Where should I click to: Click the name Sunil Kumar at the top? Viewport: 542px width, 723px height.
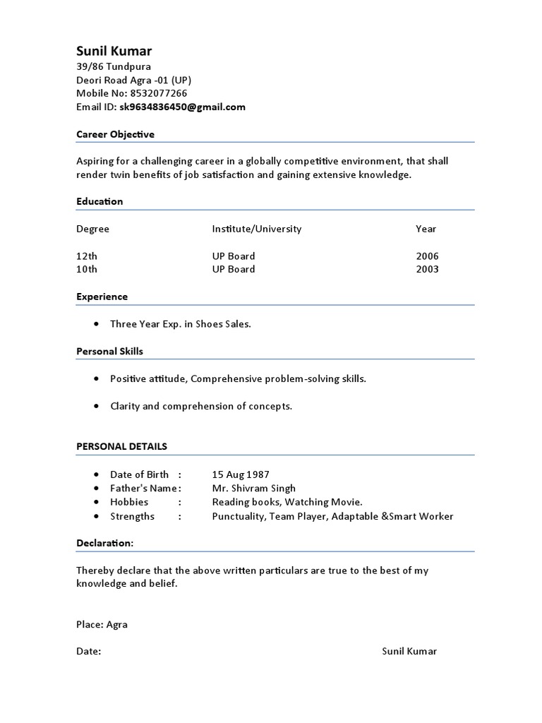[114, 52]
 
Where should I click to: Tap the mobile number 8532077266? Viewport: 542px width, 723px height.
[159, 94]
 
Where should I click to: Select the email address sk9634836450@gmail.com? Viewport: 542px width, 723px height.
[183, 107]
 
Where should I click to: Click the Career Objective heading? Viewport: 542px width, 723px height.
[115, 134]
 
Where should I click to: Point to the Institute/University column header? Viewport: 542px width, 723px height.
[256, 229]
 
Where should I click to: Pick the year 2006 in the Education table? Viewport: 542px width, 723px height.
[427, 256]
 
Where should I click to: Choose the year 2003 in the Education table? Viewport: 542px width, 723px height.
[427, 269]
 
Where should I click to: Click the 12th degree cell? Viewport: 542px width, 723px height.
[87, 256]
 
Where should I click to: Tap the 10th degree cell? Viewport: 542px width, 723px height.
[87, 269]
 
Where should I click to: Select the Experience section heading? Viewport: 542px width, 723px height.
[102, 297]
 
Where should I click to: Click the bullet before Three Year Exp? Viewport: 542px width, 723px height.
[96, 324]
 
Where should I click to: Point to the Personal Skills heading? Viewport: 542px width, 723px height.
[109, 351]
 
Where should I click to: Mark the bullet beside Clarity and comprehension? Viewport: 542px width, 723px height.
[96, 406]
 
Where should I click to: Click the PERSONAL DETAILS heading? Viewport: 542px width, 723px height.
[121, 447]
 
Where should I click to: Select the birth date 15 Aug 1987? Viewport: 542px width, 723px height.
[241, 474]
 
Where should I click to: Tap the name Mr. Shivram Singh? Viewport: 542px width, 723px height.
[254, 489]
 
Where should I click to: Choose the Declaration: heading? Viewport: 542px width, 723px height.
[104, 543]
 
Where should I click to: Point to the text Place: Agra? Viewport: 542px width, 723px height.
[102, 625]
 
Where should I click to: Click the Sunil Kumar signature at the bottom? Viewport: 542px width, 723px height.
[409, 651]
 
